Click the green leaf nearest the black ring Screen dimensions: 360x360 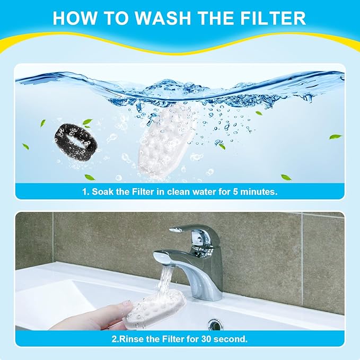(87, 122)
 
